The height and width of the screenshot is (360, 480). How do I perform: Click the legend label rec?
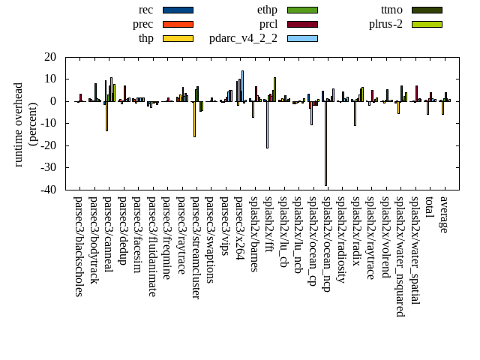pyautogui.click(x=146, y=10)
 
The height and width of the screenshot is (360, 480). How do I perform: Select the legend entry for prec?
pyautogui.click(x=142, y=24)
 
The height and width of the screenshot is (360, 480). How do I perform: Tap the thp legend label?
pyautogui.click(x=145, y=38)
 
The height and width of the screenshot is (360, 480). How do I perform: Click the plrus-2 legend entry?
pyautogui.click(x=385, y=24)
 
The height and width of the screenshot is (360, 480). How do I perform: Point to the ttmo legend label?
pyautogui.click(x=391, y=10)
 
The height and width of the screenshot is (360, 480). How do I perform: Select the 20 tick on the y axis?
pyautogui.click(x=50, y=57)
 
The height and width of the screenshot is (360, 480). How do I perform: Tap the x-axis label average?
pyautogui.click(x=444, y=214)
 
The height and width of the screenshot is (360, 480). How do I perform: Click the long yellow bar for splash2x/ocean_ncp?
pyautogui.click(x=325, y=142)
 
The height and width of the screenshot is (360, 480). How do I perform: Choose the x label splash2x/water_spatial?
pyautogui.click(x=415, y=244)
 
